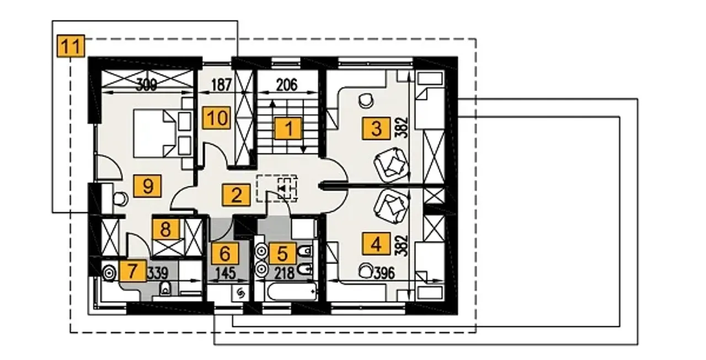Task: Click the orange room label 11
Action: pyautogui.click(x=71, y=46)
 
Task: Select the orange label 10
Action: pyautogui.click(x=217, y=118)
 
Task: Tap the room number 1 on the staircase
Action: pyautogui.click(x=288, y=128)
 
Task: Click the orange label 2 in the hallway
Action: pyautogui.click(x=237, y=195)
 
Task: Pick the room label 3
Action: pyautogui.click(x=376, y=128)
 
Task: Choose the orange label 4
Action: pyautogui.click(x=376, y=244)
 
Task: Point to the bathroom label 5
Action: pyautogui.click(x=282, y=253)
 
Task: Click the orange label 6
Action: pyautogui.click(x=224, y=253)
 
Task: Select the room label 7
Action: pyautogui.click(x=133, y=270)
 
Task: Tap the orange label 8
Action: pyautogui.click(x=166, y=229)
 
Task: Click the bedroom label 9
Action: pyautogui.click(x=148, y=186)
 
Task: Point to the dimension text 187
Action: pyautogui.click(x=222, y=85)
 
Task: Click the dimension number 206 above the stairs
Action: pyautogui.click(x=287, y=85)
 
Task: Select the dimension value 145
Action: pyautogui.click(x=226, y=273)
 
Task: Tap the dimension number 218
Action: pyautogui.click(x=285, y=273)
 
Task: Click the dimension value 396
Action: pyautogui.click(x=384, y=273)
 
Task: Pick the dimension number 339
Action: pyautogui.click(x=158, y=273)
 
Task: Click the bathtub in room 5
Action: pyautogui.click(x=292, y=292)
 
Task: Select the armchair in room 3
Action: pyautogui.click(x=391, y=165)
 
